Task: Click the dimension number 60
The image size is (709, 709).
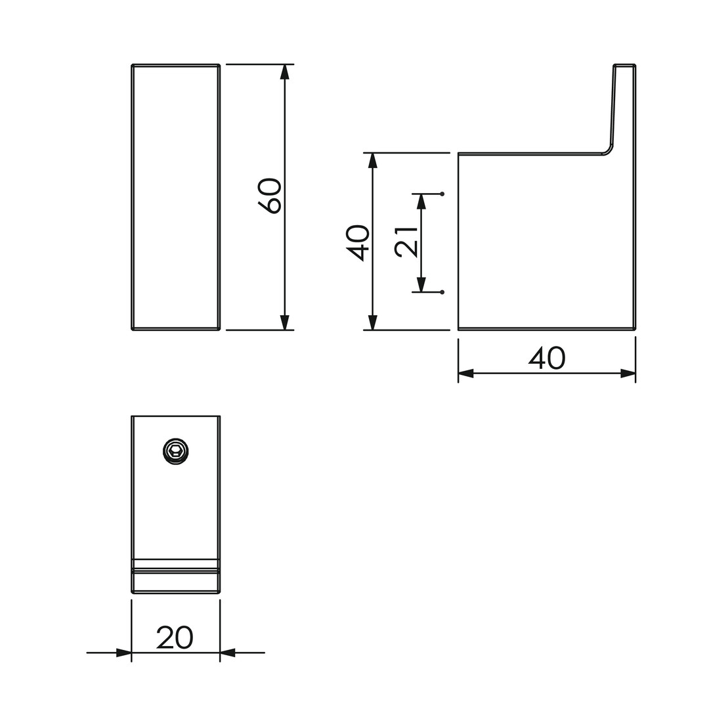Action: (270, 196)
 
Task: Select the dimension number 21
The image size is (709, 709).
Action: (406, 241)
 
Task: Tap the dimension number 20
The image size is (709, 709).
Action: (175, 637)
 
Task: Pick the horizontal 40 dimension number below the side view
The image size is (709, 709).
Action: (547, 358)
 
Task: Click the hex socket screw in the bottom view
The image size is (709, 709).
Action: (175, 451)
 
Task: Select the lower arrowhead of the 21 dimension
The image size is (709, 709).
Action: (421, 284)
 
